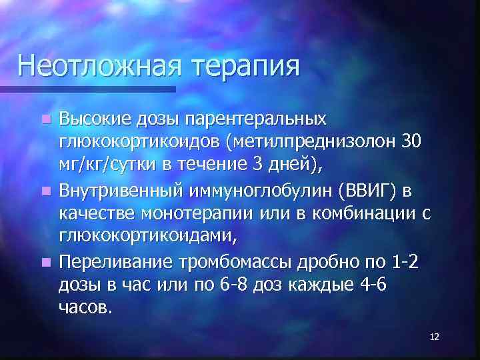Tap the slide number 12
coord(434,337)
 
